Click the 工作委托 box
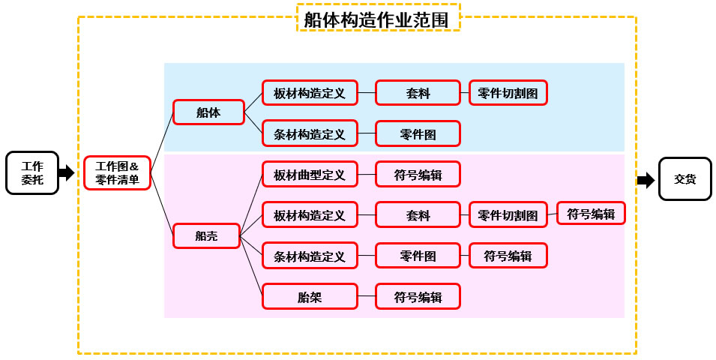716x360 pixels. [32, 173]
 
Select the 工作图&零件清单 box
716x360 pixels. [117, 173]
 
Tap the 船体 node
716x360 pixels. [208, 112]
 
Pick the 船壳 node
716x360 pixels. [206, 236]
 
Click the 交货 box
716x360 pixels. [685, 179]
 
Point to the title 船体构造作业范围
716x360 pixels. [377, 19]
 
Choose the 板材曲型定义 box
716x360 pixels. [310, 175]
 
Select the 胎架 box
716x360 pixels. [310, 297]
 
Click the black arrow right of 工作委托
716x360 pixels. [67, 173]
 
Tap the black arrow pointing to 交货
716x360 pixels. [646, 180]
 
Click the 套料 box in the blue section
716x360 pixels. [418, 93]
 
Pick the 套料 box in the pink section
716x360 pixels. [418, 215]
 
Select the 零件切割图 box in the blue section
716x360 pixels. [508, 93]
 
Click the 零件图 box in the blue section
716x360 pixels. [418, 134]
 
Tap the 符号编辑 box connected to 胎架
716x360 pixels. [418, 297]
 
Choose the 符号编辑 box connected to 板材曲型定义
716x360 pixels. [418, 175]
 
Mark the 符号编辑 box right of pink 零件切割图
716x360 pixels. [591, 214]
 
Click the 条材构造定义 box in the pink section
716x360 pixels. [310, 256]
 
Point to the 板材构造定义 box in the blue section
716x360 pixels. [310, 93]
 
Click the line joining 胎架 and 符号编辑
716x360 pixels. [367, 297]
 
